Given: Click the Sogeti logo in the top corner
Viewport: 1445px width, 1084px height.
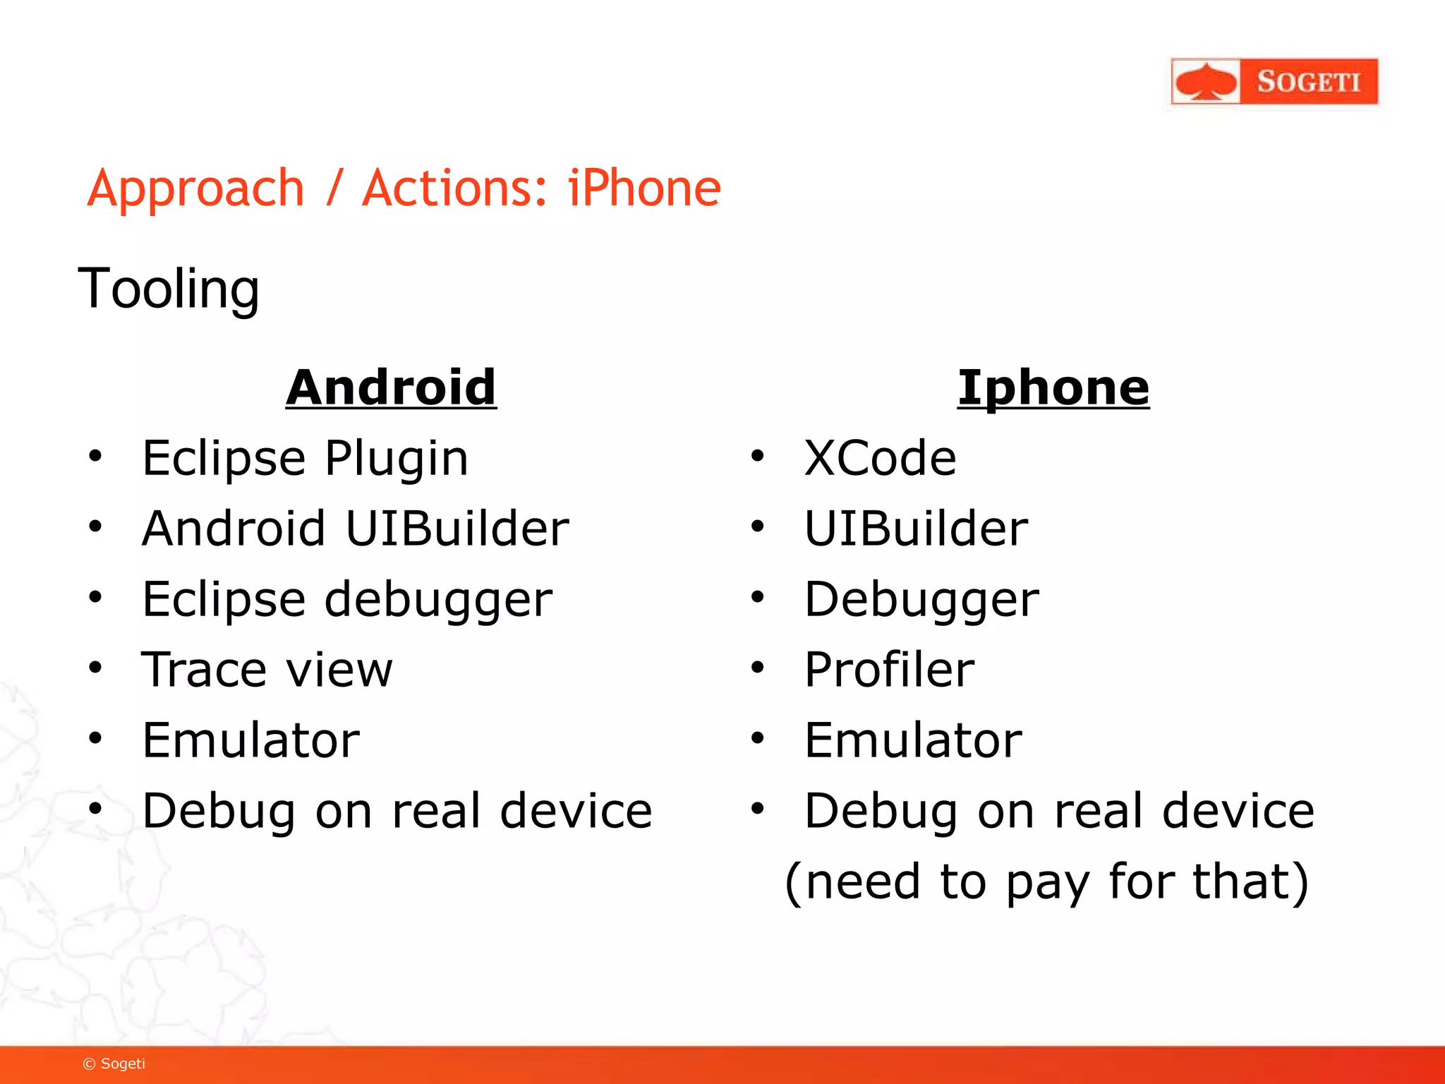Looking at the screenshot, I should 1274,82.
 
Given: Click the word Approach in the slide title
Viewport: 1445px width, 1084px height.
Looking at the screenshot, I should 195,189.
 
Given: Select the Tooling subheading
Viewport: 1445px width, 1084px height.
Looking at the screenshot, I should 169,289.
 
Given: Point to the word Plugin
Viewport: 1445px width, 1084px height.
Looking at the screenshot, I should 397,459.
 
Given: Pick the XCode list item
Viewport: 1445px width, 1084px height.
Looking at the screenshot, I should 880,458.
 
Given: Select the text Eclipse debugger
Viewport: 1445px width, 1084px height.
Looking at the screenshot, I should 347,600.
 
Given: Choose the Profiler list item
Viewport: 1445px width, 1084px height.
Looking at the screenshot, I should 889,669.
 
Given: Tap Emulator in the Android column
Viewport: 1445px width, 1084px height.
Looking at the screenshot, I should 250,740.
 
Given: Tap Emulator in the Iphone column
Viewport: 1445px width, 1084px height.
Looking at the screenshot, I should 913,740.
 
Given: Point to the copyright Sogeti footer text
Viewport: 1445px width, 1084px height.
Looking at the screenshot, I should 114,1064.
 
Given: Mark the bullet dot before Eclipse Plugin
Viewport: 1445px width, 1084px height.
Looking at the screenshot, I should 95,456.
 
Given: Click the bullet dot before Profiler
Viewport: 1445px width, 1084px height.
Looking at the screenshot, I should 758,667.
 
